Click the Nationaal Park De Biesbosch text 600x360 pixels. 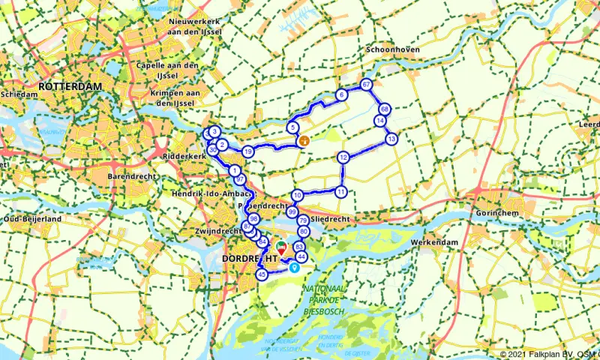pyautogui.click(x=323, y=298)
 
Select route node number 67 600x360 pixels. pyautogui.click(x=366, y=85)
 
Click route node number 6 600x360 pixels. pyautogui.click(x=341, y=94)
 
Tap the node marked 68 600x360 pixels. pyautogui.click(x=384, y=109)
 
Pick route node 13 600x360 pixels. pyautogui.click(x=391, y=139)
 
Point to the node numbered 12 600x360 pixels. pyautogui.click(x=343, y=157)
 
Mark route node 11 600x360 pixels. pyautogui.click(x=340, y=191)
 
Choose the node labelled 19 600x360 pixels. pyautogui.click(x=247, y=152)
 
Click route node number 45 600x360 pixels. pyautogui.click(x=262, y=275)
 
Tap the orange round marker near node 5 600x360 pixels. pyautogui.click(x=304, y=140)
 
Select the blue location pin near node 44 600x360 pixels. pyautogui.click(x=294, y=267)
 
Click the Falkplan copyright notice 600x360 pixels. pyautogui.click(x=549, y=354)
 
